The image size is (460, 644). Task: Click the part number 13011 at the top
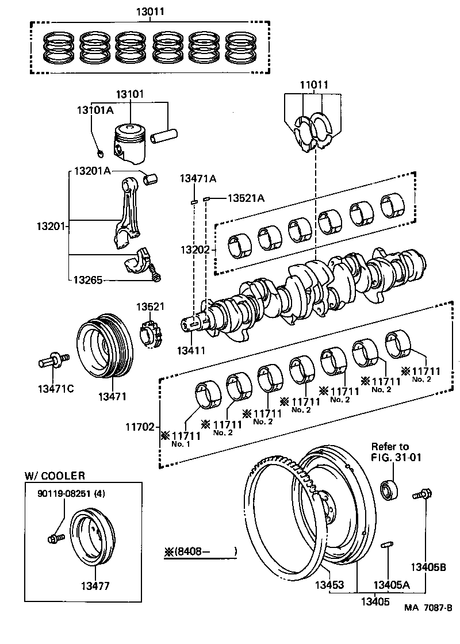coord(151,11)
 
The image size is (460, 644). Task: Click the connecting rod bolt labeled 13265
coord(156,276)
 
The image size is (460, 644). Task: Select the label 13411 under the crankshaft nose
coord(191,349)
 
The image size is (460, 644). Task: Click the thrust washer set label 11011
coord(313,85)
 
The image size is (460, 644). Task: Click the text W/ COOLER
coord(55,476)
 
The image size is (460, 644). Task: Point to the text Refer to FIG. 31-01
coord(389,452)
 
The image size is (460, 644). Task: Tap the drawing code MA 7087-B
coord(428,623)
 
